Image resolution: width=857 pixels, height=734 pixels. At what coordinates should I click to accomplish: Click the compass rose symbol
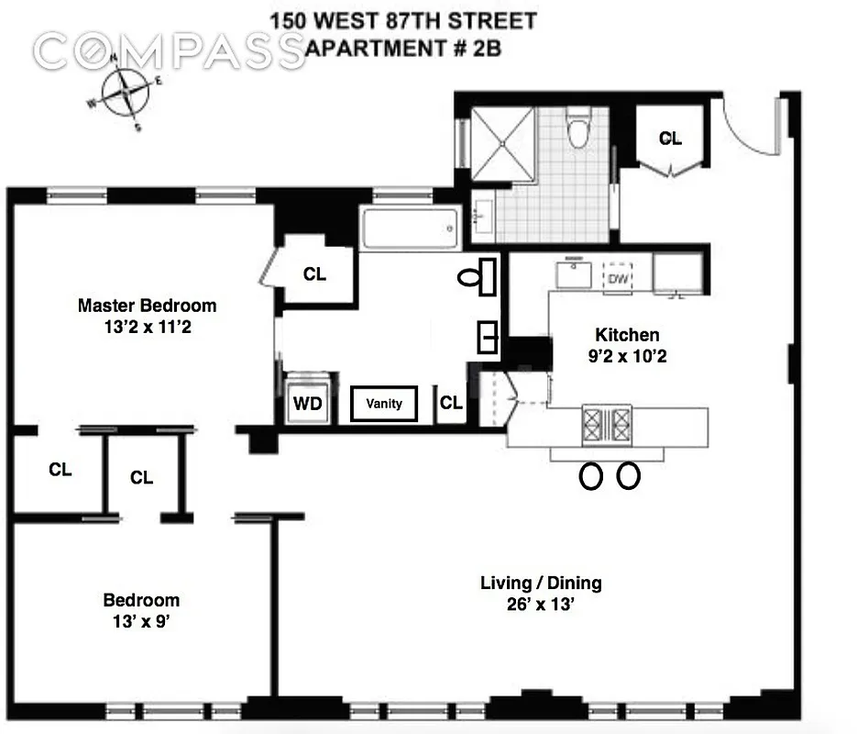point(124,93)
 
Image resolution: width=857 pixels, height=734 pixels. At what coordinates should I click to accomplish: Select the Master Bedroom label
point(147,306)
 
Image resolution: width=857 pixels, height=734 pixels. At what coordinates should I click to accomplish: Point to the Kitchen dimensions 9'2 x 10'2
point(628,356)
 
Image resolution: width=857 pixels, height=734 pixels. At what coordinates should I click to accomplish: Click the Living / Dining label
point(541,584)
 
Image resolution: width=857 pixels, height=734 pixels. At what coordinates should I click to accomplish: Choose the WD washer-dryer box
point(308,403)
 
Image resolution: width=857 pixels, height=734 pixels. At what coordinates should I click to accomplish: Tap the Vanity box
point(384,404)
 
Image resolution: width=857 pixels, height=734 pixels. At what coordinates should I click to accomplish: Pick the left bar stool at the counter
point(591,475)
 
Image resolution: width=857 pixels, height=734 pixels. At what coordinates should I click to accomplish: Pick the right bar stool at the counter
point(629,475)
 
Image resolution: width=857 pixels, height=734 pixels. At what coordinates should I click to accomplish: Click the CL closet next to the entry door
point(670,139)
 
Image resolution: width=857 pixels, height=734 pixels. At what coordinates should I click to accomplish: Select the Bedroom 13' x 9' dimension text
point(141,621)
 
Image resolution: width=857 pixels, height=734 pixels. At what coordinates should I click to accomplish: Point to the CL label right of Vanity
point(450,404)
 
